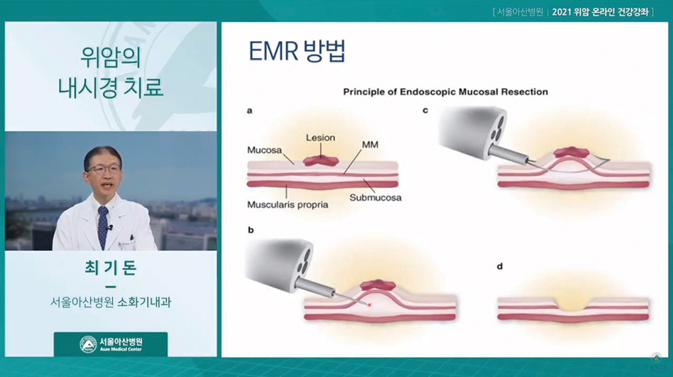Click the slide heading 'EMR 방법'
pyautogui.click(x=297, y=52)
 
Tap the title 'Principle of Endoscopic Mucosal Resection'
pyautogui.click(x=445, y=92)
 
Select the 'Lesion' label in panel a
pyautogui.click(x=320, y=138)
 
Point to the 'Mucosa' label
pyautogui.click(x=264, y=150)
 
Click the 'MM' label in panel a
pyautogui.click(x=370, y=145)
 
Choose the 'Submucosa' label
pyautogui.click(x=375, y=197)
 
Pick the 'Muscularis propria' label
pyautogui.click(x=287, y=205)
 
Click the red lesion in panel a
pyautogui.click(x=321, y=161)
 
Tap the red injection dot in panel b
pyautogui.click(x=369, y=304)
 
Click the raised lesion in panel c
pyautogui.click(x=571, y=152)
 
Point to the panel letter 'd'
pyautogui.click(x=499, y=267)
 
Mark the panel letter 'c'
pyautogui.click(x=425, y=111)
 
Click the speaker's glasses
pyautogui.click(x=103, y=169)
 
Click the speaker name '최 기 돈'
pyautogui.click(x=110, y=268)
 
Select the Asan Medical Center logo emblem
pyautogui.click(x=88, y=345)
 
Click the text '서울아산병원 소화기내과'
pyautogui.click(x=110, y=302)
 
